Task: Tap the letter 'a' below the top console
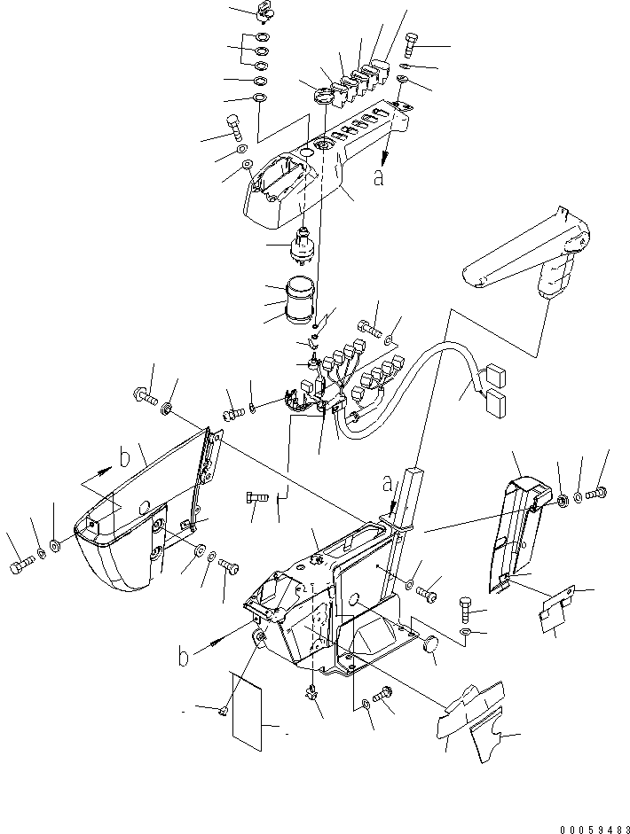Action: pos(379,177)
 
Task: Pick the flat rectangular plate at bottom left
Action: pos(251,709)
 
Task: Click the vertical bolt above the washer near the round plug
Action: pos(469,609)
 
